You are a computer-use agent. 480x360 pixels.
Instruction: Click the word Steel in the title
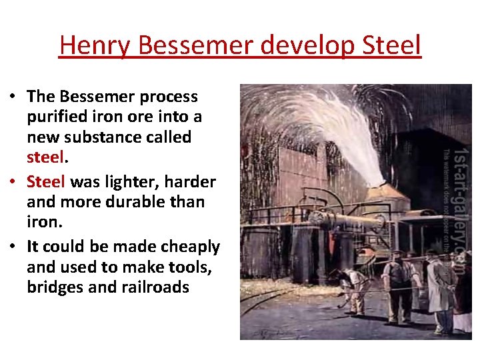(x=393, y=45)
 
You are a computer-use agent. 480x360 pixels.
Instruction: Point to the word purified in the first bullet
(x=53, y=117)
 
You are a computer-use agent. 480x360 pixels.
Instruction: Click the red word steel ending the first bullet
(x=46, y=159)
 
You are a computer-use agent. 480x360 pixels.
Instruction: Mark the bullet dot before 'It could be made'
(x=13, y=247)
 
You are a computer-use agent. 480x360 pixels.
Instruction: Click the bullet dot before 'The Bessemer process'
(x=13, y=97)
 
